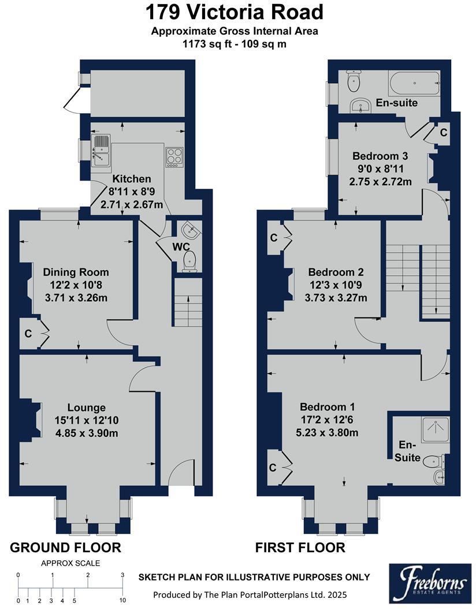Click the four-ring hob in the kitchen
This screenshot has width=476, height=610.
174,157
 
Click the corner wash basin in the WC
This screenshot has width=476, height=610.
191,231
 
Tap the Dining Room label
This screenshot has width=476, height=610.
76,272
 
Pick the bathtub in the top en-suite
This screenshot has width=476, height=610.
414,84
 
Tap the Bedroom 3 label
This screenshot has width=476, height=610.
380,156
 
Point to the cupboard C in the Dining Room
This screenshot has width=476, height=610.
28,333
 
